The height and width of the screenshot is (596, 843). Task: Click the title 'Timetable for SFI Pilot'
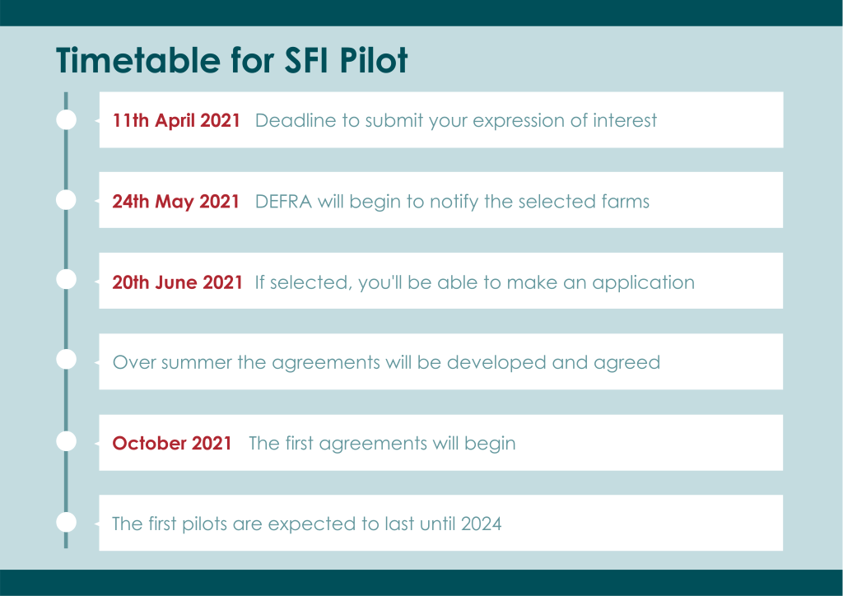click(231, 59)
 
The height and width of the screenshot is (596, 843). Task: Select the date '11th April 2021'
click(176, 120)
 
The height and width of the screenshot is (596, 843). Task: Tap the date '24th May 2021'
click(175, 202)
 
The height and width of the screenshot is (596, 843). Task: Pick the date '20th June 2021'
click(177, 282)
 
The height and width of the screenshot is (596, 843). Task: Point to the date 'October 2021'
click(171, 444)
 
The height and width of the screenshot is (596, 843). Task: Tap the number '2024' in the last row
click(481, 524)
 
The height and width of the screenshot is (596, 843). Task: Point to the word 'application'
click(643, 283)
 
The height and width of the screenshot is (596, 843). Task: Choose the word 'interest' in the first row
click(625, 120)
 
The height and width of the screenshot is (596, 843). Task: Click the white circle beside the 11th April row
click(66, 119)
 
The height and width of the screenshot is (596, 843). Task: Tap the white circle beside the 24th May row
click(66, 199)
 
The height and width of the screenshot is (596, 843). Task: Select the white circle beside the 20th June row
click(66, 279)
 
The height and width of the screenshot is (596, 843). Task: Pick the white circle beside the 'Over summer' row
click(66, 359)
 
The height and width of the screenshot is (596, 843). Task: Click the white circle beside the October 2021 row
click(66, 441)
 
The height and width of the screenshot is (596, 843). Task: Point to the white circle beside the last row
click(66, 522)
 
